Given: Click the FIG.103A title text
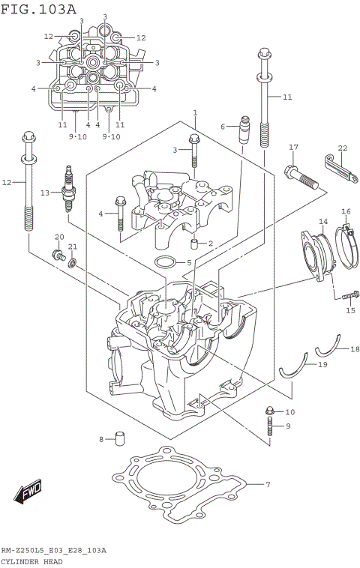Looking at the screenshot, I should [x=39, y=9].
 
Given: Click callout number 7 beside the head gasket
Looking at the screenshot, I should [x=268, y=484].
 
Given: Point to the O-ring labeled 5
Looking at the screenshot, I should [x=165, y=262].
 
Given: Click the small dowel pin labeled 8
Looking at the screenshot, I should [x=119, y=438].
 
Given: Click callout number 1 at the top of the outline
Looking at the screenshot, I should [x=194, y=112].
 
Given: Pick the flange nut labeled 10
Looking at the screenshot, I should [x=269, y=411].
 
